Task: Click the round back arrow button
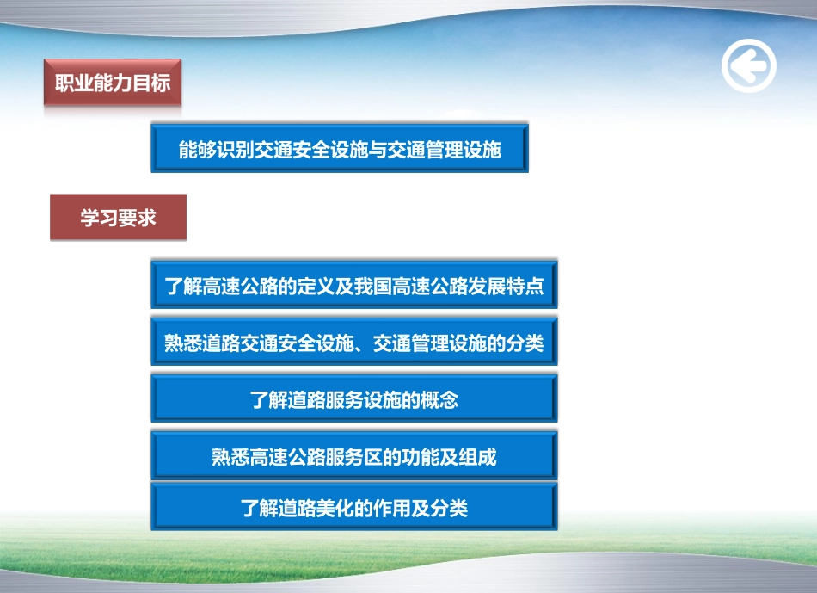coord(748,65)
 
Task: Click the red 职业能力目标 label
coord(113,83)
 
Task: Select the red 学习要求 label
coord(118,217)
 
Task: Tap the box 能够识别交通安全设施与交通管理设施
coord(340,149)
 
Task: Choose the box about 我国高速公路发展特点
coord(353,286)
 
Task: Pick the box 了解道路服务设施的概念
coord(353,399)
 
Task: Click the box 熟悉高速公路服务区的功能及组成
coord(353,456)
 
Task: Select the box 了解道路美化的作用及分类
coord(353,508)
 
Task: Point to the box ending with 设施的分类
coord(353,343)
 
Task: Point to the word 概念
coord(439,400)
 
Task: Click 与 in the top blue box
coord(378,150)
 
